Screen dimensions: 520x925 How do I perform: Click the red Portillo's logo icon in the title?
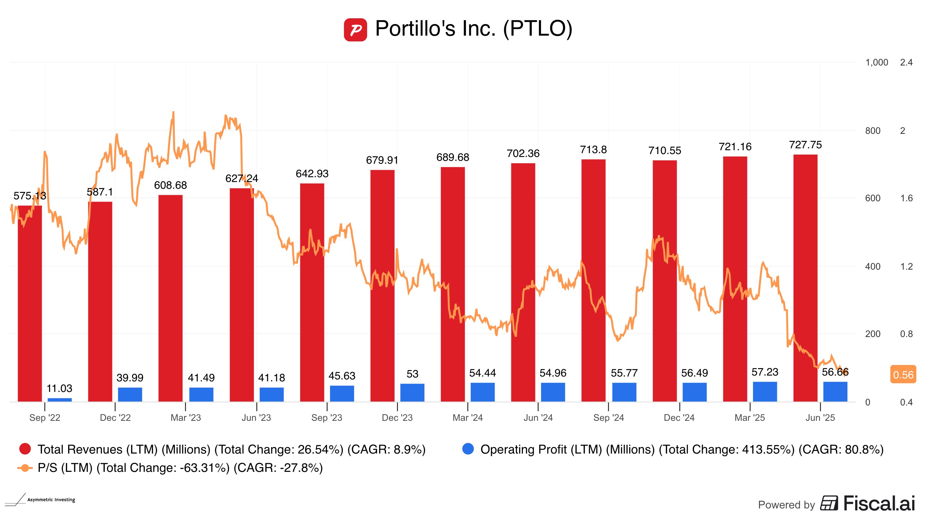[x=355, y=30]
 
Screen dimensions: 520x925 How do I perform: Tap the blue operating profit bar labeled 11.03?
[x=60, y=399]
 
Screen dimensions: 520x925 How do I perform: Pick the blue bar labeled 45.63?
[x=342, y=393]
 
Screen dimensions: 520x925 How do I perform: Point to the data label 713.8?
[x=593, y=150]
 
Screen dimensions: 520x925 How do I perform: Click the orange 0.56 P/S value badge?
[x=903, y=375]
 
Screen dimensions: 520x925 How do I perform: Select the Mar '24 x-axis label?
[x=468, y=418]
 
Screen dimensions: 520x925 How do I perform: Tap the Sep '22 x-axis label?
[x=45, y=418]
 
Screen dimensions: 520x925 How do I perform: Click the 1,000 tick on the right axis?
[x=876, y=63]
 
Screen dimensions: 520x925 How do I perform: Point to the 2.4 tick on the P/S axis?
[x=906, y=63]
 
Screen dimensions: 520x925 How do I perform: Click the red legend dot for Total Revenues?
[x=25, y=449]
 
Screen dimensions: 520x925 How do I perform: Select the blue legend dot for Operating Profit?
[x=468, y=449]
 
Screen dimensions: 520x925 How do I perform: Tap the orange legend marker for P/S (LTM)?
[x=25, y=468]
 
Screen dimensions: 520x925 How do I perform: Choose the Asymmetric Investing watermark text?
[x=51, y=499]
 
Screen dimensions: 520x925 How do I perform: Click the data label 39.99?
[x=130, y=377]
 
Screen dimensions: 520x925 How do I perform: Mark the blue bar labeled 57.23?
[x=765, y=392]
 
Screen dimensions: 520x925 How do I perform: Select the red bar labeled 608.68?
[x=171, y=298]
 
